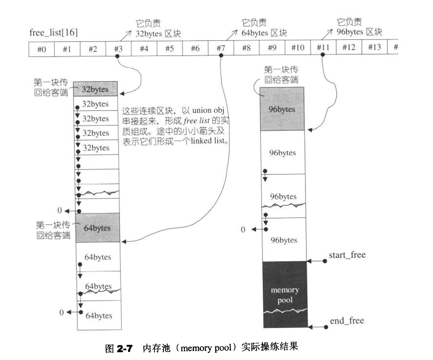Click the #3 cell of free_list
[117, 48]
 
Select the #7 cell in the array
[221, 48]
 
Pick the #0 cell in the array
[41, 48]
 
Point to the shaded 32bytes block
[96, 89]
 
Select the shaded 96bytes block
[283, 109]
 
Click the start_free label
[347, 255]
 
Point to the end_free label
[347, 321]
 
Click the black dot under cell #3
[117, 57]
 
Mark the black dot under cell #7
[221, 57]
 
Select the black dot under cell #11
[323, 57]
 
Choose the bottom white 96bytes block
[283, 240]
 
